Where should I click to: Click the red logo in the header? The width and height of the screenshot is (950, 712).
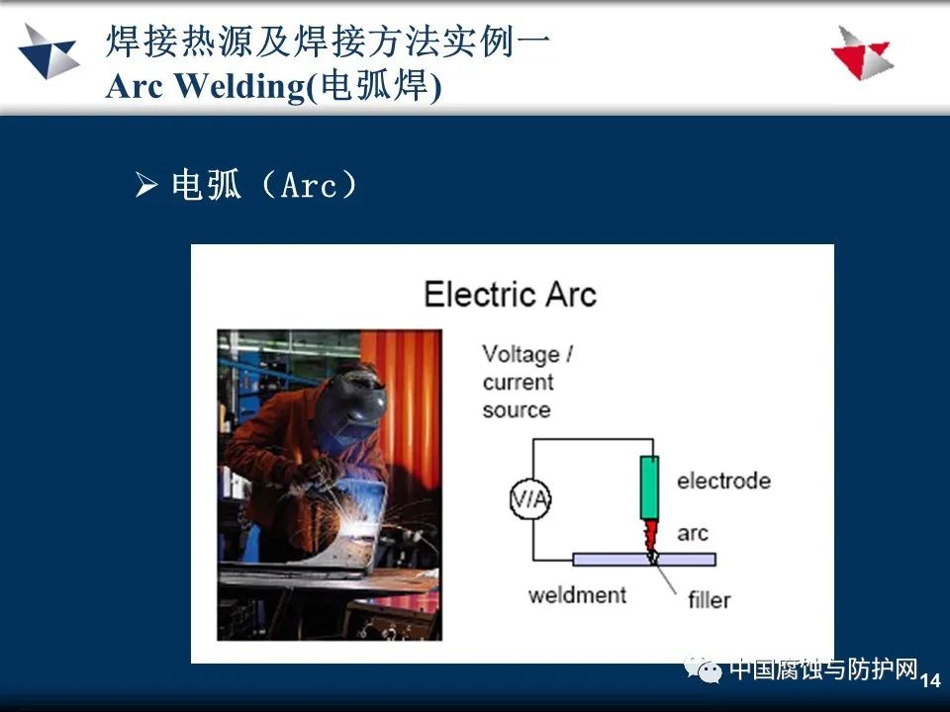coord(863,52)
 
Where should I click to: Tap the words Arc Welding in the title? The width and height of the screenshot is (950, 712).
coord(206,86)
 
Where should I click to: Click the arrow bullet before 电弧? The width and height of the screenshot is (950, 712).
coord(146,184)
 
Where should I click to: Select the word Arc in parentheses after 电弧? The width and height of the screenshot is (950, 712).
coord(309,185)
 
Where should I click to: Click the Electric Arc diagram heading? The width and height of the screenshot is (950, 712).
coord(511,295)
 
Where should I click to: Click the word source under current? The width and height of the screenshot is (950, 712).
coord(517,409)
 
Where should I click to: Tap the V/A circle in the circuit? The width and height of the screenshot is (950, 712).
coord(530,499)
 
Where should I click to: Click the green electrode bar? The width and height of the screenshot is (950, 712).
coord(649,488)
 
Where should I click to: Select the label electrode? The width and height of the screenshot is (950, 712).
coord(724,481)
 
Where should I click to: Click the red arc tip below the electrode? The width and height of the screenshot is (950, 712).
coord(651,536)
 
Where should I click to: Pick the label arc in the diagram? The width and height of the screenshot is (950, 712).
coord(693,533)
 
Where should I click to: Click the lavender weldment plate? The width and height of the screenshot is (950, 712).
coord(644,560)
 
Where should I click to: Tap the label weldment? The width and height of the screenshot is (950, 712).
coord(577,595)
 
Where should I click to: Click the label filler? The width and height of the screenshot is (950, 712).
coord(709,600)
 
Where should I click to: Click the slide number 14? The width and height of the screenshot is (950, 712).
coord(930,680)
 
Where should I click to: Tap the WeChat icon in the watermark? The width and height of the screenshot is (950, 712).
coord(703,669)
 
